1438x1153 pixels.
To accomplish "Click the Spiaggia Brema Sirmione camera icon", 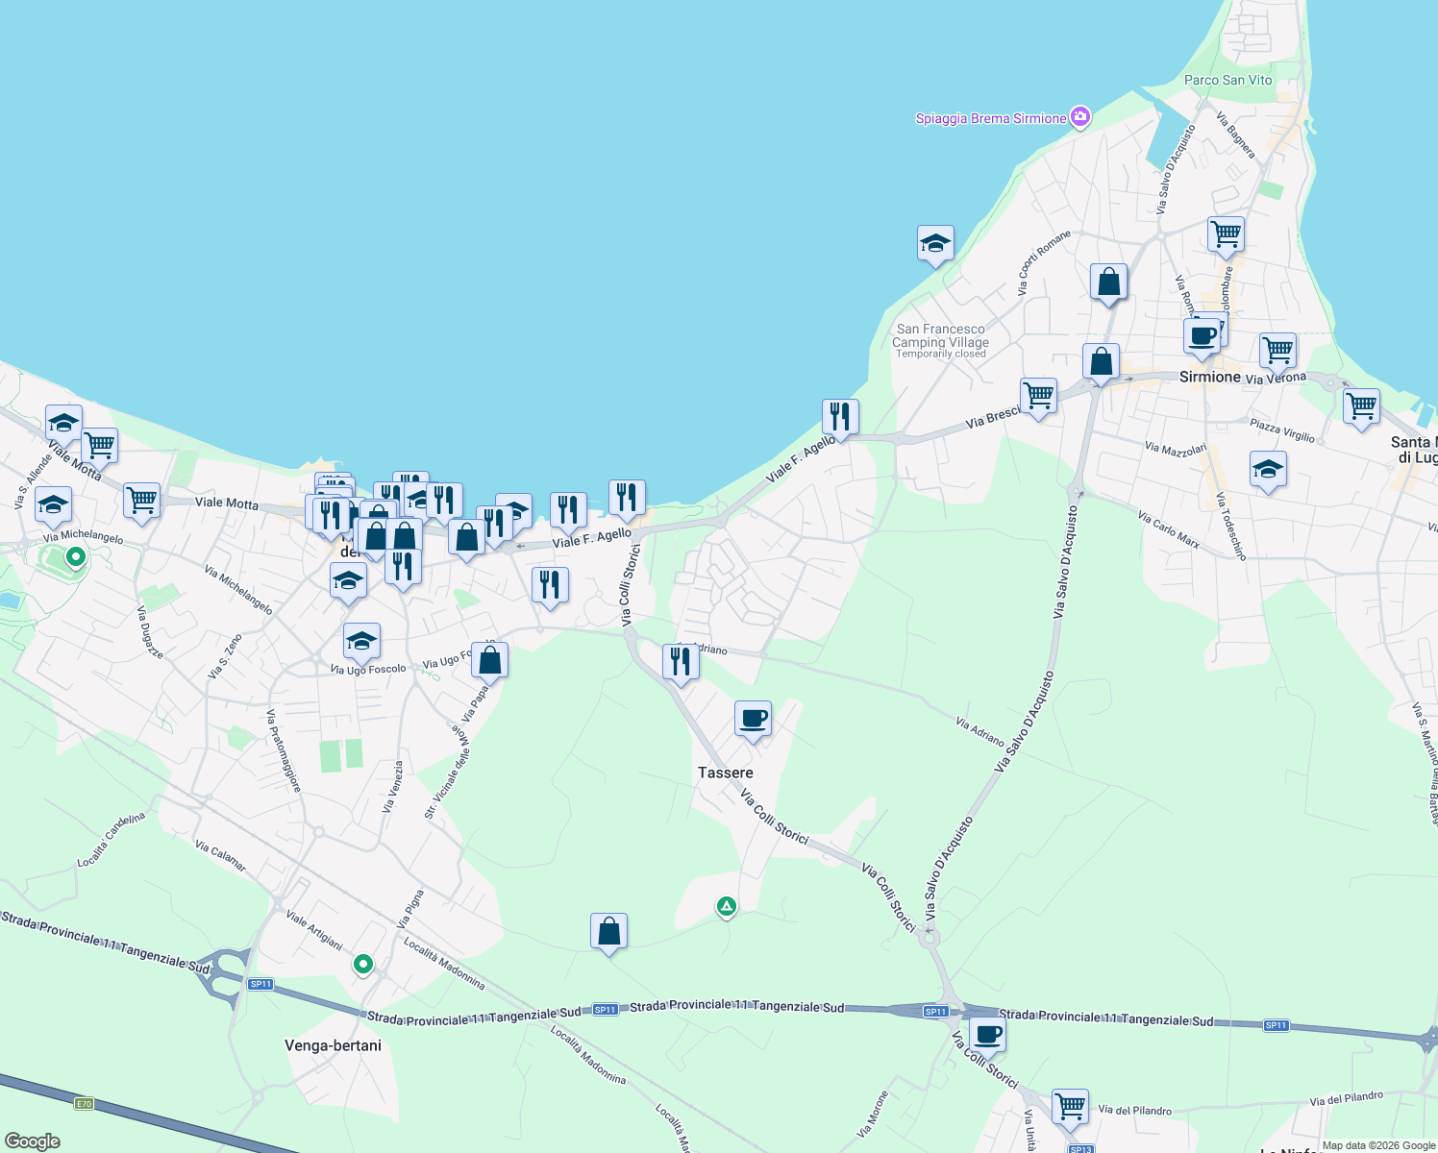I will coord(1080,117).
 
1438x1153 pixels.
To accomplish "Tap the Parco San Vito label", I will coord(1227,81).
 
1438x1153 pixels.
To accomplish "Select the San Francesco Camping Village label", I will coord(940,335).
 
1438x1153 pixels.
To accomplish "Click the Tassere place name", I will coord(726,773).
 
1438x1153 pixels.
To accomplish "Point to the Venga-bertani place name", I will coord(333,1045).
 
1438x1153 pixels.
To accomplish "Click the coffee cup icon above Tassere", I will coord(753,718).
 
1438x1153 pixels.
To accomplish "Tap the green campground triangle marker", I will coord(726,906).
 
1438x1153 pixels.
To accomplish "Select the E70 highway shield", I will coord(84,1103).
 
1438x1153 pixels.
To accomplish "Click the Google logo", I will coord(32,1141).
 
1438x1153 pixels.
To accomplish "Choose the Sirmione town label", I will coord(1209,377).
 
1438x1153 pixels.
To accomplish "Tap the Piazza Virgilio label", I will coord(1282,429).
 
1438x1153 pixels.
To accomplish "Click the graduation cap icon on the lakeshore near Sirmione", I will coord(935,243).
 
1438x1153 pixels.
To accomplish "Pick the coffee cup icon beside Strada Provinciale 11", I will coord(987,1035).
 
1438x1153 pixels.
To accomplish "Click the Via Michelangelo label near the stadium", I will coord(84,535).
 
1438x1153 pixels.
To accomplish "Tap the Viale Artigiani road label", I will coord(314,930).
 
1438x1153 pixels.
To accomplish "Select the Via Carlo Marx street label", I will coord(1169,529).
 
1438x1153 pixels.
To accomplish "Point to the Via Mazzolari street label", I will coord(1176,449).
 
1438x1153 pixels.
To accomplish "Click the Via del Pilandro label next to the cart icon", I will coord(1134,1111).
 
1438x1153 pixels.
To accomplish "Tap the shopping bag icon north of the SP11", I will coord(608,931).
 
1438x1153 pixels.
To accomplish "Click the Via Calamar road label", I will coord(221,856).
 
